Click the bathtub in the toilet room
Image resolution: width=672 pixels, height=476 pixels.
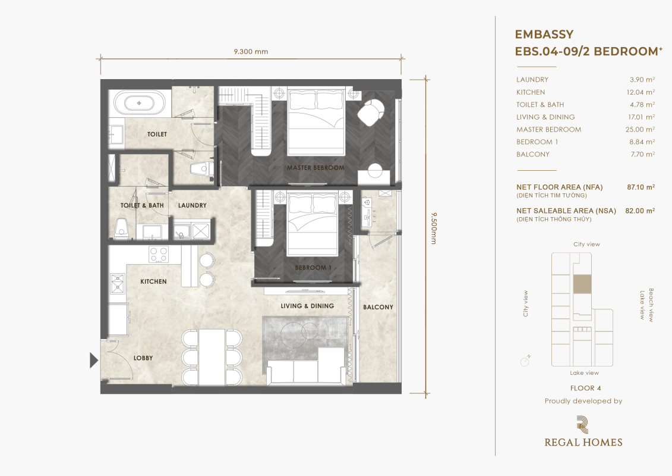[139, 103]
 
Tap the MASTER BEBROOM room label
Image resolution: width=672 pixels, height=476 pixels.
[316, 168]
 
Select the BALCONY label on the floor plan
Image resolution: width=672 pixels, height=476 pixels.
[378, 307]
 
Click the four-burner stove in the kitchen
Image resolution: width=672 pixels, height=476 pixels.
[159, 254]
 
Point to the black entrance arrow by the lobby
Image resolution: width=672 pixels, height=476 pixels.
[94, 360]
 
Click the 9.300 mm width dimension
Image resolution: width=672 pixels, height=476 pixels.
[251, 52]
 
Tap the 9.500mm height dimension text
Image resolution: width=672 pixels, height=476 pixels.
[433, 228]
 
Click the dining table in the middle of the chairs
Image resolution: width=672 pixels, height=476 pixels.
[212, 357]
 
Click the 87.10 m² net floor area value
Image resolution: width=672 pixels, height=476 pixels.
[641, 187]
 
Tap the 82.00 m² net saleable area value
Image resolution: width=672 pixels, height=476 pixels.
[640, 211]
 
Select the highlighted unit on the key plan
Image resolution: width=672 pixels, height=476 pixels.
[582, 284]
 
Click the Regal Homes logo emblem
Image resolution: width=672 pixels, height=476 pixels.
[582, 424]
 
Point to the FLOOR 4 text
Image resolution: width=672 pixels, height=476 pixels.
[585, 388]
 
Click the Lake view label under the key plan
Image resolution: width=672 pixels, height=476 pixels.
[584, 373]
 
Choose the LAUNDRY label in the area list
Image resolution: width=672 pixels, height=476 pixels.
[532, 79]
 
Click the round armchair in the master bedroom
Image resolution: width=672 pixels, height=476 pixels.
[371, 112]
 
